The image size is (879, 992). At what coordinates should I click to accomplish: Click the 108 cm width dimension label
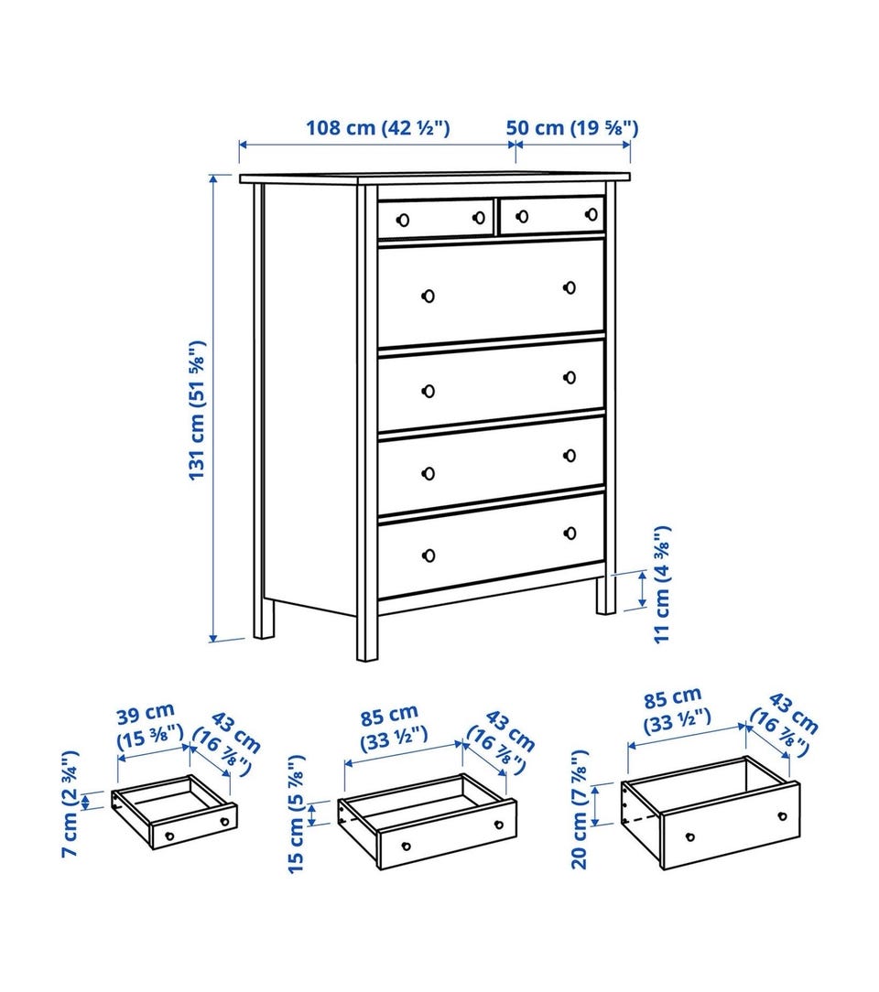(378, 128)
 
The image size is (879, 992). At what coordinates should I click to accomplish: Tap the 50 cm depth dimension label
(572, 128)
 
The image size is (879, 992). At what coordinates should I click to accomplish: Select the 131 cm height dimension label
(198, 411)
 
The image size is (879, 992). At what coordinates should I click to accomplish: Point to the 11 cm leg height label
(662, 584)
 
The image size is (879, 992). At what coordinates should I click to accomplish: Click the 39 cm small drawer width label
(150, 727)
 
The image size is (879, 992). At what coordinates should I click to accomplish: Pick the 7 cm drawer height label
(70, 804)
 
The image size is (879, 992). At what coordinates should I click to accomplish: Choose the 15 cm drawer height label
(296, 814)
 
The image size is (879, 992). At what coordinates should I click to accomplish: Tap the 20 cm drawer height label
(580, 810)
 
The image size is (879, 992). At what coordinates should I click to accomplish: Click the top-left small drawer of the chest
(436, 219)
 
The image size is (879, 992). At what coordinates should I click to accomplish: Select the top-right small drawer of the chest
(552, 215)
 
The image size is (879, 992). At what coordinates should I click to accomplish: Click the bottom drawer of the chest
(491, 545)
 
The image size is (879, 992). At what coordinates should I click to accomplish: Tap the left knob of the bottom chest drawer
(429, 555)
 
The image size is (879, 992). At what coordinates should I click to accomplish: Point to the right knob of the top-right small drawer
(591, 214)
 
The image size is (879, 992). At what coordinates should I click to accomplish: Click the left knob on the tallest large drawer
(429, 296)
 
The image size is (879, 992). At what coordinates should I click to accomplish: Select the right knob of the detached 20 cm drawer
(783, 816)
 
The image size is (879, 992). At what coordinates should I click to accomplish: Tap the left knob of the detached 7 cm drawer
(169, 836)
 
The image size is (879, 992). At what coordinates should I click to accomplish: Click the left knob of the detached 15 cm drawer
(407, 846)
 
